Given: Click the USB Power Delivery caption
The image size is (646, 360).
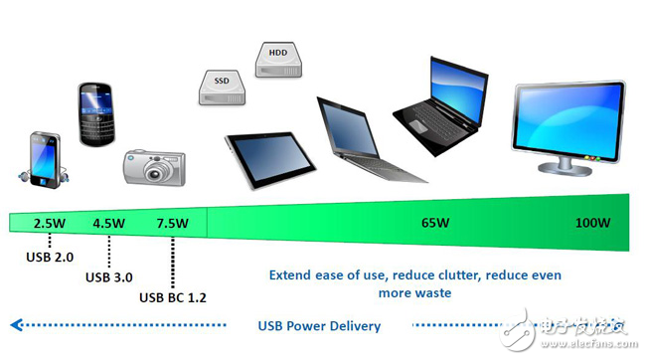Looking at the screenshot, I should click(318, 325).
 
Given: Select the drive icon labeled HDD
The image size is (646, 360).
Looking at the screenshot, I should click(278, 60).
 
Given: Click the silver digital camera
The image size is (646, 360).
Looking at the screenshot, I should click(154, 167).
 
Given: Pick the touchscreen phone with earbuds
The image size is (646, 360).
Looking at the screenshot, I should click(42, 159).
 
